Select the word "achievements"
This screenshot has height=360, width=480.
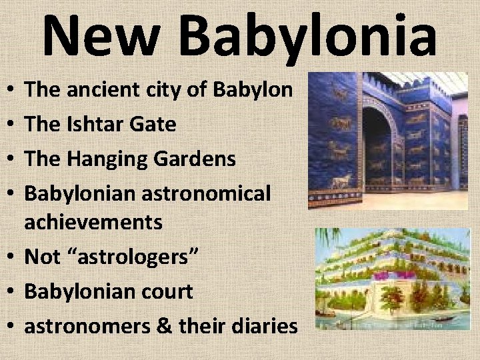click(x=93, y=221)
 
